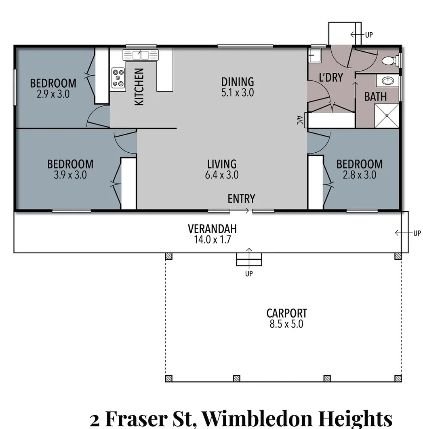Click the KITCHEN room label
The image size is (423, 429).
pos(139,87)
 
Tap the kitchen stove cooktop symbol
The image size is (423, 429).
pos(118,78)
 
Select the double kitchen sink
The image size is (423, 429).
pos(141,55)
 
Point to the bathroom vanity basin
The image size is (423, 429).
pos(387,81)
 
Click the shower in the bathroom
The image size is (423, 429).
pos(387,116)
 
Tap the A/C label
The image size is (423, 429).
pos(299,120)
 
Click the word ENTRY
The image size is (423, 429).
pos(241,198)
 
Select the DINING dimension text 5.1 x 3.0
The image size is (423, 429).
pos(237,93)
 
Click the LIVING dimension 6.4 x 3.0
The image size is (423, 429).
pos(222,175)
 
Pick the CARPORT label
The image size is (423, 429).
pos(286,313)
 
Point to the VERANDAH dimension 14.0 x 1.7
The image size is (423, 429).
pos(212,240)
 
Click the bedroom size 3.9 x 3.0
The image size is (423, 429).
pos(70,175)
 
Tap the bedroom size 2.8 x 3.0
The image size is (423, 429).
pos(359,175)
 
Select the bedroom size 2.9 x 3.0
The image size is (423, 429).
pos(53,94)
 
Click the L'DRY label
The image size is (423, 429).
pos(331,78)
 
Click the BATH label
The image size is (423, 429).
pos(375,97)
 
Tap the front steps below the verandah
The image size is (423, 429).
pos(249,259)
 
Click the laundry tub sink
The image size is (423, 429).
pos(315,55)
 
